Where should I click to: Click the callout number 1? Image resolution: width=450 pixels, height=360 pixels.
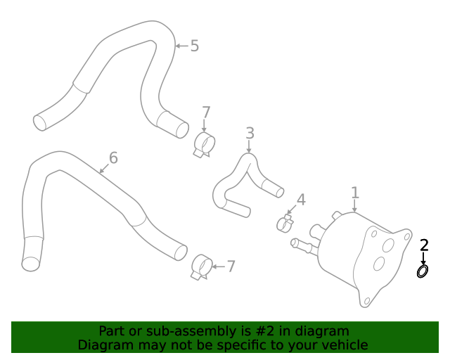pyautogui.click(x=355, y=192)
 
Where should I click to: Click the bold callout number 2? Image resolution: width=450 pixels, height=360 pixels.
pyautogui.click(x=424, y=245)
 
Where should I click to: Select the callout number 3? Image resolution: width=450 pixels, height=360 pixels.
pyautogui.click(x=249, y=133)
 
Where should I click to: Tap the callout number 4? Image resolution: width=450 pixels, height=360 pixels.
pyautogui.click(x=301, y=200)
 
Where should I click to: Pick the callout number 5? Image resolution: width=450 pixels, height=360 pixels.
pyautogui.click(x=195, y=46)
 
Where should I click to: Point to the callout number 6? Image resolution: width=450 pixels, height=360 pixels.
pyautogui.click(x=112, y=157)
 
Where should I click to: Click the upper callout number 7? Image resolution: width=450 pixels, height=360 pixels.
pyautogui.click(x=205, y=112)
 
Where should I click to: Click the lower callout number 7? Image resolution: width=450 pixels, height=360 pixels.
pyautogui.click(x=231, y=266)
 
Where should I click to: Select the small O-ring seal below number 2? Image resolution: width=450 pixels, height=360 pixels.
pyautogui.click(x=423, y=271)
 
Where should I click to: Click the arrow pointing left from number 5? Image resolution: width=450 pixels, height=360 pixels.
pyautogui.click(x=181, y=46)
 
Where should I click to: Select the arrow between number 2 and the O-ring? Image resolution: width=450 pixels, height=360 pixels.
pyautogui.click(x=423, y=258)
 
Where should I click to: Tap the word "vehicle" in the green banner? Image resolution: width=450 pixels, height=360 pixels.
pyautogui.click(x=342, y=345)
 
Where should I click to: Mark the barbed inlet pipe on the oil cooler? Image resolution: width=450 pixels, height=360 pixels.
pyautogui.click(x=302, y=245)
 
